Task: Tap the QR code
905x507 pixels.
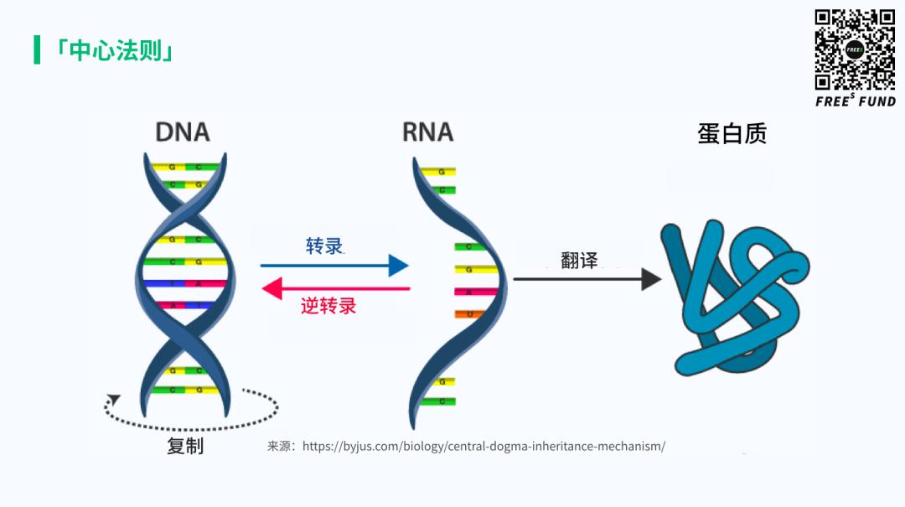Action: pyautogui.click(x=855, y=49)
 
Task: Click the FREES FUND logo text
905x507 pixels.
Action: pyautogui.click(x=856, y=101)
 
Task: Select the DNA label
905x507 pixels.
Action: pyautogui.click(x=183, y=132)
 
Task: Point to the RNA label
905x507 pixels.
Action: pyautogui.click(x=427, y=132)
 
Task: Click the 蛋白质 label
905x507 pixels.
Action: pyautogui.click(x=732, y=134)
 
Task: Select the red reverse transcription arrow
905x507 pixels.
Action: pyautogui.click(x=335, y=289)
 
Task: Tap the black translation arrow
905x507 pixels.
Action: pyautogui.click(x=587, y=279)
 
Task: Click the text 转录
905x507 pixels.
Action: pyautogui.click(x=324, y=246)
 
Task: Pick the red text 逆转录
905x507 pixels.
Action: pyautogui.click(x=328, y=307)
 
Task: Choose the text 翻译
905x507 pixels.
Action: pyautogui.click(x=580, y=260)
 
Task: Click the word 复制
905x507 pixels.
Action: pyautogui.click(x=185, y=446)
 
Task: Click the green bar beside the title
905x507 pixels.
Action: pyautogui.click(x=37, y=50)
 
